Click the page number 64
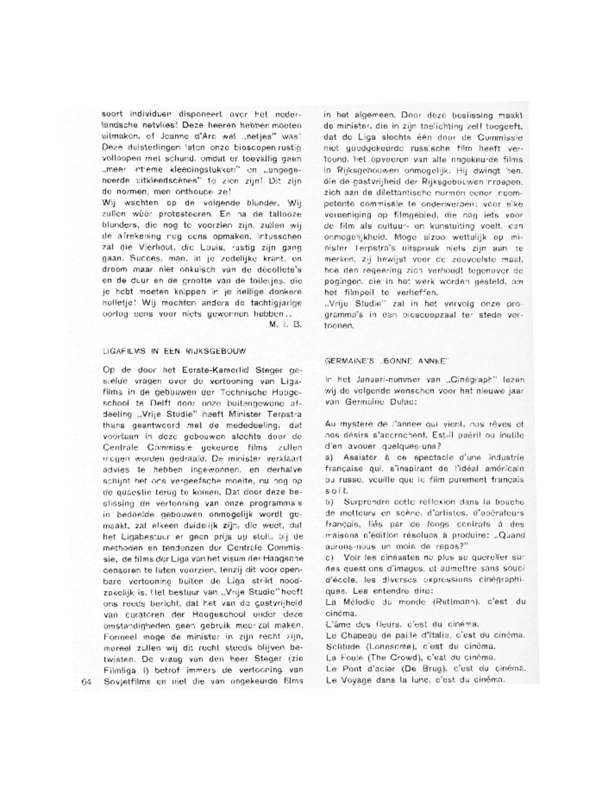pyautogui.click(x=87, y=682)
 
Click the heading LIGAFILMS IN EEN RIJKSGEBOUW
pyautogui.click(x=174, y=351)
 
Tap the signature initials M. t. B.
pyautogui.click(x=286, y=324)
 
